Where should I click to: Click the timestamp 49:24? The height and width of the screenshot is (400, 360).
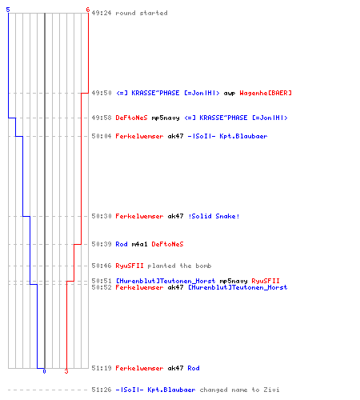coord(102,13)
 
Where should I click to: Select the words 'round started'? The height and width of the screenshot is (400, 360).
coord(142,13)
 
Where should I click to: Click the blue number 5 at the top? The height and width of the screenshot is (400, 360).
coord(8,10)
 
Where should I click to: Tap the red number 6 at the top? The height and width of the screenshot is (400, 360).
coord(87,10)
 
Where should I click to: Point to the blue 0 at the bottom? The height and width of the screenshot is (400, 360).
coord(44,371)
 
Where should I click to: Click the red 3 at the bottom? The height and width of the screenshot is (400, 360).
coord(66,371)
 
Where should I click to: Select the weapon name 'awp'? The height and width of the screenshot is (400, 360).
coord(230,93)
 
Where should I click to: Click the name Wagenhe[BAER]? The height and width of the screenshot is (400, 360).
coord(266,93)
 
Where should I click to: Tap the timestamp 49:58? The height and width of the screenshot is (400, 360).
coord(102,118)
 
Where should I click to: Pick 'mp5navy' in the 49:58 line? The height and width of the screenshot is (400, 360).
coord(166,118)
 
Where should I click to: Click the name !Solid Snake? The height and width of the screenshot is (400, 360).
coord(214,216)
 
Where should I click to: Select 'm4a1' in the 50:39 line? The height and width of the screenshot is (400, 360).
coord(139,244)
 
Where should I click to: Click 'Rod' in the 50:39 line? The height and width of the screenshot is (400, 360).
coord(122,244)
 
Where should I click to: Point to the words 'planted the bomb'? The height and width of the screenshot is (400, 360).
coord(179,266)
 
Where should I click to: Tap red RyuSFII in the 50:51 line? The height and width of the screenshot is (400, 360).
coord(266,281)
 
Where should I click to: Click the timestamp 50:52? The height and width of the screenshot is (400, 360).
coord(102,287)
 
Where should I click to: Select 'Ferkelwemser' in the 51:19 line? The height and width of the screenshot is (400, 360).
coord(139,368)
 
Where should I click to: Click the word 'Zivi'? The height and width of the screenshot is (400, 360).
coord(271,390)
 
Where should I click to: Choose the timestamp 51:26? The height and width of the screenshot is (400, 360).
coord(102,390)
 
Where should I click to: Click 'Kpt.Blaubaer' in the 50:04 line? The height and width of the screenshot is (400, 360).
coord(243,136)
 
